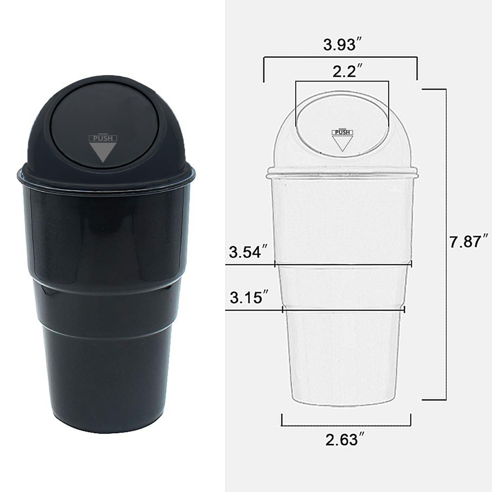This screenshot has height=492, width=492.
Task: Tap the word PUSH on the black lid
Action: [x=103, y=138]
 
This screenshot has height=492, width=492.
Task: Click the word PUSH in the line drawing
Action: [x=342, y=133]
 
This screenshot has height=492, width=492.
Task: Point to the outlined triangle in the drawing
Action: [x=342, y=143]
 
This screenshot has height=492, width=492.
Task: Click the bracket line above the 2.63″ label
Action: [x=346, y=426]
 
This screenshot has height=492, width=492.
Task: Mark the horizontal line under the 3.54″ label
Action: [x=249, y=264]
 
